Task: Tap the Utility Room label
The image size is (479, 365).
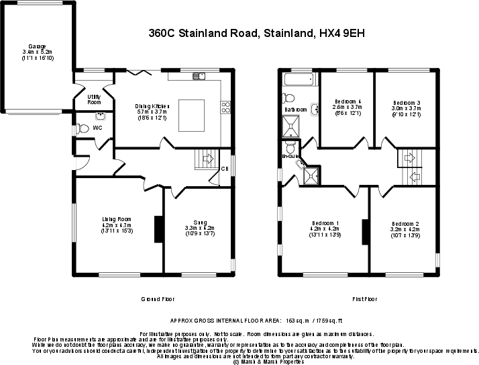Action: (95, 99)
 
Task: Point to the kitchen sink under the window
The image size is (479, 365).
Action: (199, 75)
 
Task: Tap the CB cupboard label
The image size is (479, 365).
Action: (224, 169)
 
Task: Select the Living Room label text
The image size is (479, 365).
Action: (116, 219)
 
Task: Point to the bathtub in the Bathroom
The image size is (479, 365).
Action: (299, 80)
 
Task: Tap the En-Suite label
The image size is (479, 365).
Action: (290, 156)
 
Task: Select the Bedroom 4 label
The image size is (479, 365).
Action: (347, 102)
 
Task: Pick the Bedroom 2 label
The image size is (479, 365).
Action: (405, 223)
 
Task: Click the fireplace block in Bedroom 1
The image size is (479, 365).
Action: (366, 233)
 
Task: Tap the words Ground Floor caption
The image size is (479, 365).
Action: (158, 298)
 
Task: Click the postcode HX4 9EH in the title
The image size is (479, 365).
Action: (341, 32)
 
